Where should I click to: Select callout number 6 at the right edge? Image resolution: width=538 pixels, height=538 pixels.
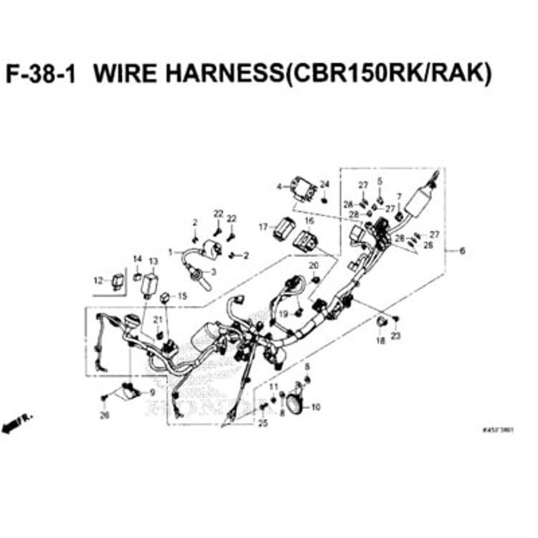pos(461,251)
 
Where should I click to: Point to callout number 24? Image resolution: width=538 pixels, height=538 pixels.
pos(324,184)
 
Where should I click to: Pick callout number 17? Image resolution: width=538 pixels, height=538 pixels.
pos(263,227)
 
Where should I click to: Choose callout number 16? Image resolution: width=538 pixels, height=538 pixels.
pos(310,221)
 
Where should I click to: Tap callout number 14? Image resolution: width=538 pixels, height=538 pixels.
pos(136,258)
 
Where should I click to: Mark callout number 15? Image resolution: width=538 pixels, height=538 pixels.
pos(181,296)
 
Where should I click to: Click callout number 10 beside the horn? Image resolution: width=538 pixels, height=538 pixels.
pos(316,407)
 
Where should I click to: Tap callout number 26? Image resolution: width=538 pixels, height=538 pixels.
pos(105,415)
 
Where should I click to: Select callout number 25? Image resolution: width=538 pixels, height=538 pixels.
pos(263,423)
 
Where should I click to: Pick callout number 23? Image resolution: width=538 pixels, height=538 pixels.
pos(395,336)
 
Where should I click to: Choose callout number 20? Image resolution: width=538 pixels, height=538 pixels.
pos(313,266)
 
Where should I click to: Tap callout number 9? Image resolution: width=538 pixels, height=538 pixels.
pos(151,392)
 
